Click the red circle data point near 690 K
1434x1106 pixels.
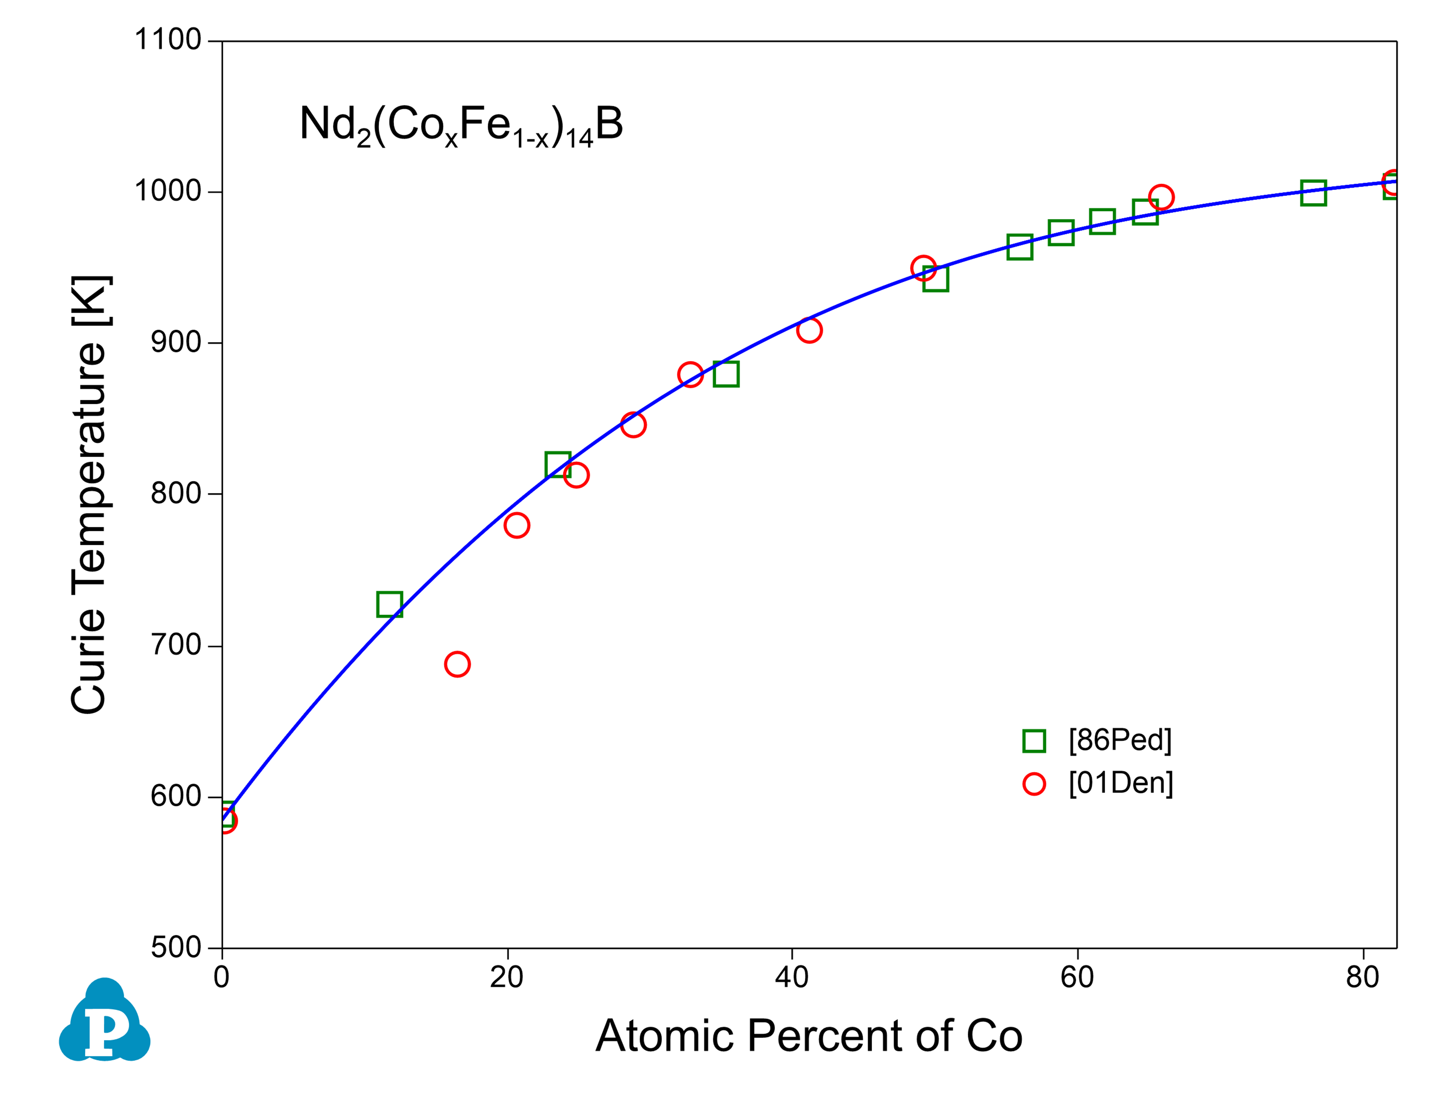(457, 664)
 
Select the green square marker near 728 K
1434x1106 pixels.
(389, 604)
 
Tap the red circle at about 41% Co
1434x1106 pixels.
(809, 330)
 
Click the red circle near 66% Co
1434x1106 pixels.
(1161, 197)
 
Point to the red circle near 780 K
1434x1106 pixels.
(517, 525)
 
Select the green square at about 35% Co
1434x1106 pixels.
(726, 374)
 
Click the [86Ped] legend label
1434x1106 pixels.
(1120, 740)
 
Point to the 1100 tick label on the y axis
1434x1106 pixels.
(167, 40)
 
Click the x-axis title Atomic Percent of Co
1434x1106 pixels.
(809, 1036)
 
